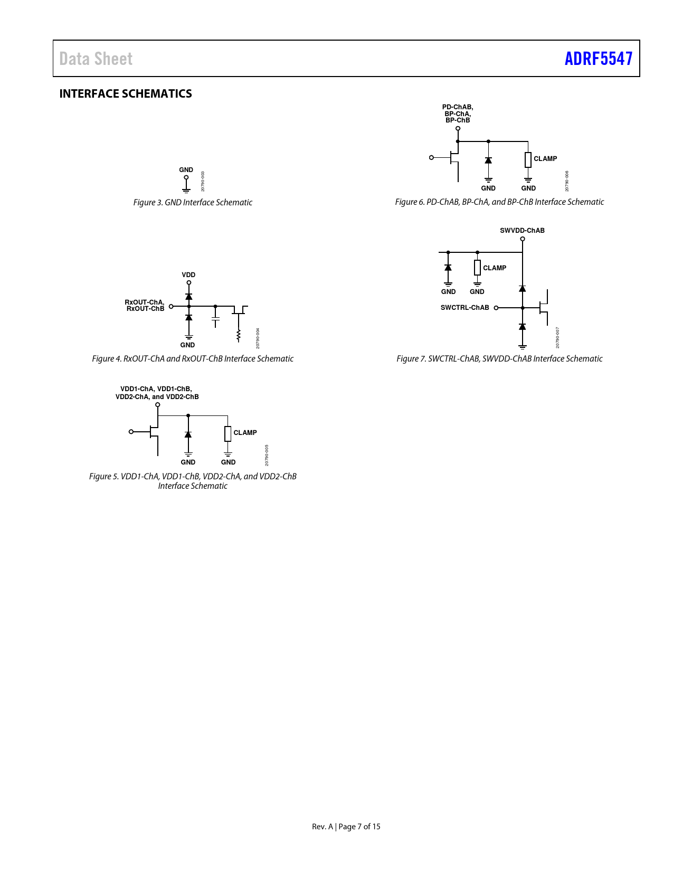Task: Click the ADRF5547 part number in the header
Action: coord(598,59)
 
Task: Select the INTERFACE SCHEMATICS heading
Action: coord(126,93)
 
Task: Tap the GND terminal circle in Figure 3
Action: coord(186,177)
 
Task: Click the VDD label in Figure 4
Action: coord(188,274)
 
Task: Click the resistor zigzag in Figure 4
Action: coord(239,336)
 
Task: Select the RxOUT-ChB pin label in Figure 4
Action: coord(145,309)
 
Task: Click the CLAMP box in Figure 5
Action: coord(228,434)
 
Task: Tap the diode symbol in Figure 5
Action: coord(188,434)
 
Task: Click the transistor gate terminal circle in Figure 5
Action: coord(131,432)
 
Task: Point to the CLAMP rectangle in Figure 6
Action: coord(528,159)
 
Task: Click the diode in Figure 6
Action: coord(488,160)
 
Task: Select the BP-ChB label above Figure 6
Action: coord(458,120)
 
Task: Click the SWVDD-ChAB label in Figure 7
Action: coord(522,231)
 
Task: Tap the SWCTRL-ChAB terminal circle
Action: coord(496,308)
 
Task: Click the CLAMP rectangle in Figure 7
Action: coord(477,267)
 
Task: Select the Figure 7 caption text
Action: coord(499,359)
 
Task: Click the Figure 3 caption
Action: coord(193,202)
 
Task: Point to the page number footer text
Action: coord(346,826)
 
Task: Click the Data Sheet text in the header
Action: coord(96,59)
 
